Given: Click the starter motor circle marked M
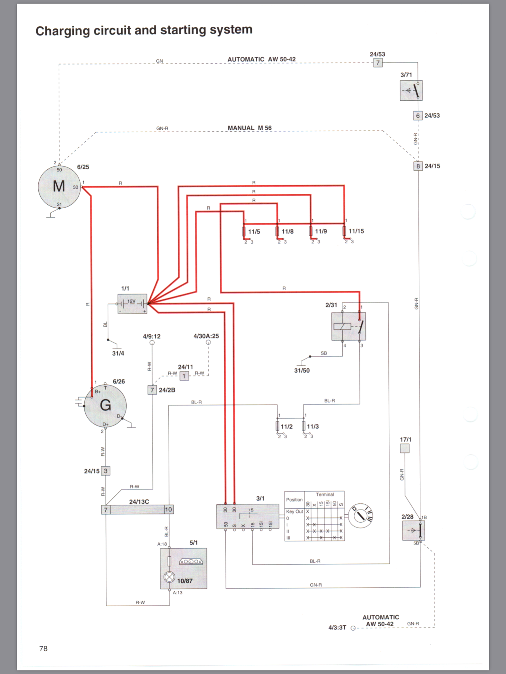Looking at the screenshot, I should click(59, 187).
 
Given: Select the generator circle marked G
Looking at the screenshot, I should click(105, 405).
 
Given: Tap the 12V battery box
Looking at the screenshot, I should click(132, 304).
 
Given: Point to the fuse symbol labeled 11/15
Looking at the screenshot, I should click(344, 231).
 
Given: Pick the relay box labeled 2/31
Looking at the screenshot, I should click(349, 326).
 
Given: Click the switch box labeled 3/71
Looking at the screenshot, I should click(411, 91).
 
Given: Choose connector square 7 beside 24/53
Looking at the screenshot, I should click(378, 63).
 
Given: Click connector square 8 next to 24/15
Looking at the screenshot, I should click(418, 166).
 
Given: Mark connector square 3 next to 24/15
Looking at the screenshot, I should click(105, 471).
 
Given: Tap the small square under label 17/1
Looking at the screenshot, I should click(405, 448).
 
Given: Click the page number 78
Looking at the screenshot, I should click(43, 649).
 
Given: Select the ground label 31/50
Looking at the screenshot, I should click(302, 371).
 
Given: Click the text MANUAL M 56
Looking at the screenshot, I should click(250, 128).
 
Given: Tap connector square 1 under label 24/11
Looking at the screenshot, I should click(184, 376).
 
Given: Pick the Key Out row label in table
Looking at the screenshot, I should click(294, 512).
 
